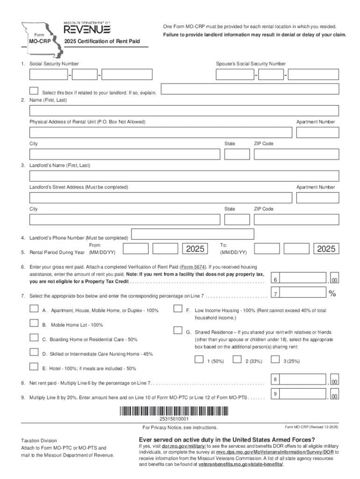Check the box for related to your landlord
[x=34, y=90]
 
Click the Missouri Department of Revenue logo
[x=87, y=29]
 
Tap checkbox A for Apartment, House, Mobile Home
[x=34, y=308]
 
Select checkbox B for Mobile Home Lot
[x=34, y=323]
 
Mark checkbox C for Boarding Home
[x=34, y=337]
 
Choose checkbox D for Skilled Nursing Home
[x=34, y=352]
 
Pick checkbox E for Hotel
[x=34, y=366]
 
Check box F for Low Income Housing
[x=178, y=308]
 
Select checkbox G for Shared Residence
[x=178, y=330]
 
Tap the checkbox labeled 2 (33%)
[x=237, y=359]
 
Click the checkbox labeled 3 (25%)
[x=275, y=359]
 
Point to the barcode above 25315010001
[x=174, y=412]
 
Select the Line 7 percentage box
[x=299, y=293]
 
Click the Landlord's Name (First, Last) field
[x=184, y=176]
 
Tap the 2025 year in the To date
[x=326, y=249]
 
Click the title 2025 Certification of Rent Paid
[x=102, y=42]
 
